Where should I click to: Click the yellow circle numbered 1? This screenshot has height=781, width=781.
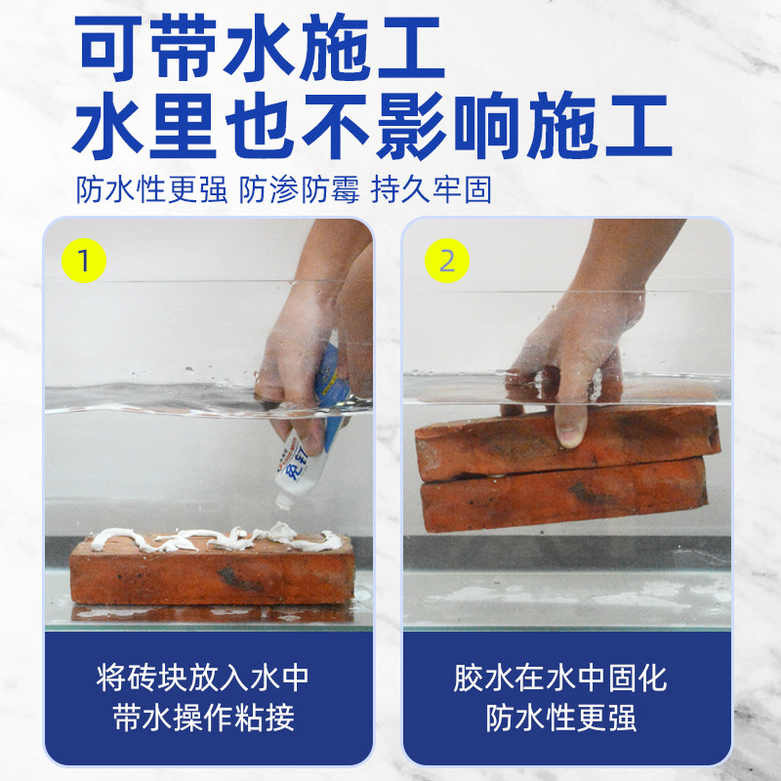pos(84,261)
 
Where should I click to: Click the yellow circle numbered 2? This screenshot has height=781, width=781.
pos(447,261)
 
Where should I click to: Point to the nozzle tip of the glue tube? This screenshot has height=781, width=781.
pos(284,503)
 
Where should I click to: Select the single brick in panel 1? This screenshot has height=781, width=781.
pos(210,573)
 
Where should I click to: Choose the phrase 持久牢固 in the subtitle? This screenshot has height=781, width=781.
pos(429,189)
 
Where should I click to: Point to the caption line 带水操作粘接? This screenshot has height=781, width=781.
pos(209,719)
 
